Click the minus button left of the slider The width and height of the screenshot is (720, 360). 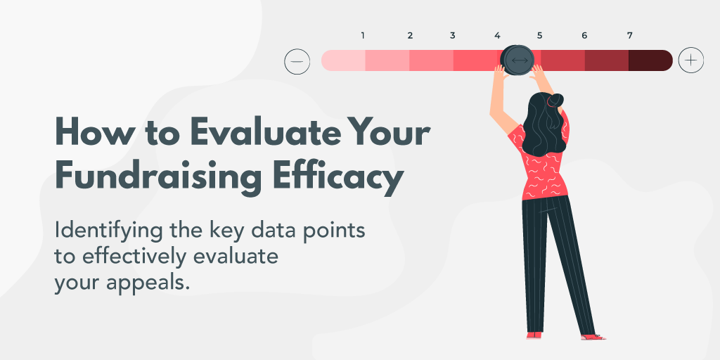point(297,61)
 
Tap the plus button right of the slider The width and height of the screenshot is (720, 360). point(690,60)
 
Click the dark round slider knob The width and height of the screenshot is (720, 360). point(518,60)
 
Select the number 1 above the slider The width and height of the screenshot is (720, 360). point(363,35)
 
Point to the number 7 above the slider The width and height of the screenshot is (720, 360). point(629,35)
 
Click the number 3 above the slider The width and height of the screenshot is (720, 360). point(452,35)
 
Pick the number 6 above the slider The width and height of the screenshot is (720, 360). point(584,35)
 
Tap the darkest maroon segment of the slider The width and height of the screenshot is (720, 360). point(650,60)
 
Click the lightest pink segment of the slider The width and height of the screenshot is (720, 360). point(344,60)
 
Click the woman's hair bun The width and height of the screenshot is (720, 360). point(555,100)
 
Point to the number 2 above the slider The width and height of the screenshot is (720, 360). point(409,35)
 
